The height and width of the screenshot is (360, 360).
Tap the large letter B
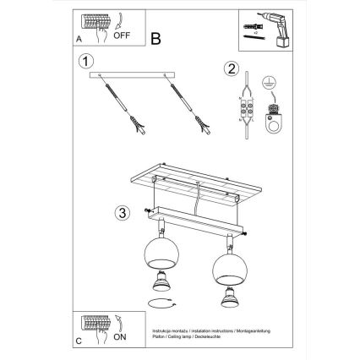tap(155, 37)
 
